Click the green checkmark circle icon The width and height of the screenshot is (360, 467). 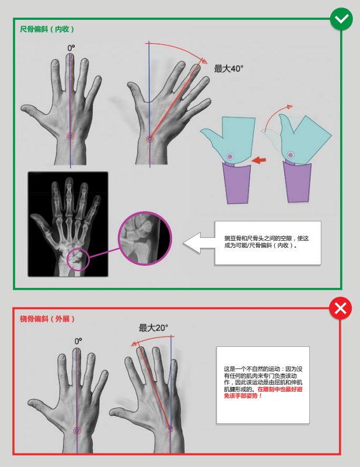point(341,19)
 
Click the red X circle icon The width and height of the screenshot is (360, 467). point(340,308)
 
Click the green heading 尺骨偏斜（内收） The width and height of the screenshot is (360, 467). point(47,29)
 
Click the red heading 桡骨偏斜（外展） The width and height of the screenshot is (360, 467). point(47,319)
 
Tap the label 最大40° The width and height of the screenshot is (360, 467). point(229,68)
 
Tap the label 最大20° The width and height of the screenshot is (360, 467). point(153,328)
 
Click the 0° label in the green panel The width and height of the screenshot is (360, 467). point(71,48)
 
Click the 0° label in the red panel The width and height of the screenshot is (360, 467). point(78,341)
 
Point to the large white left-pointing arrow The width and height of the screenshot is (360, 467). point(199,243)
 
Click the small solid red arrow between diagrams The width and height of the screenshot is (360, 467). point(258,160)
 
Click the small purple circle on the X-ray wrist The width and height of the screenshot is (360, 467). point(78,259)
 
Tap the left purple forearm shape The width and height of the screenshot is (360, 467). point(237,182)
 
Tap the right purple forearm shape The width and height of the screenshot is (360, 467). point(297,182)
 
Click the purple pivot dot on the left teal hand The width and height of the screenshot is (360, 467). point(229,156)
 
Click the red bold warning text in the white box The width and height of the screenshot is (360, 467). point(264,392)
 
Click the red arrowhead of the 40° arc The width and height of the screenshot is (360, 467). point(204,61)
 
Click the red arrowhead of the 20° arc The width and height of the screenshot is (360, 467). point(134,344)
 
